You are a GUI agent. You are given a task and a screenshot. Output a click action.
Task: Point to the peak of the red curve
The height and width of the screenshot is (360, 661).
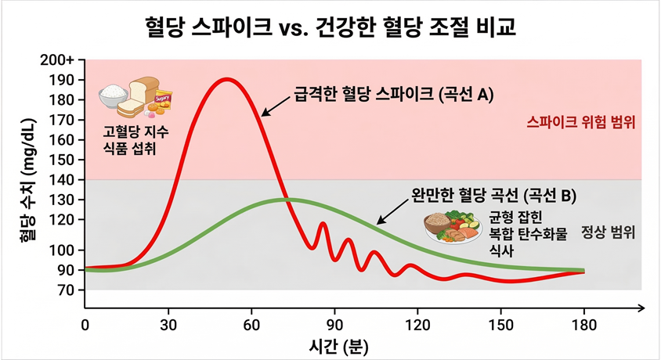click(227, 79)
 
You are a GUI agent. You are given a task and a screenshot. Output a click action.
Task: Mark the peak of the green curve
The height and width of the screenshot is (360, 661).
click(284, 200)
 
